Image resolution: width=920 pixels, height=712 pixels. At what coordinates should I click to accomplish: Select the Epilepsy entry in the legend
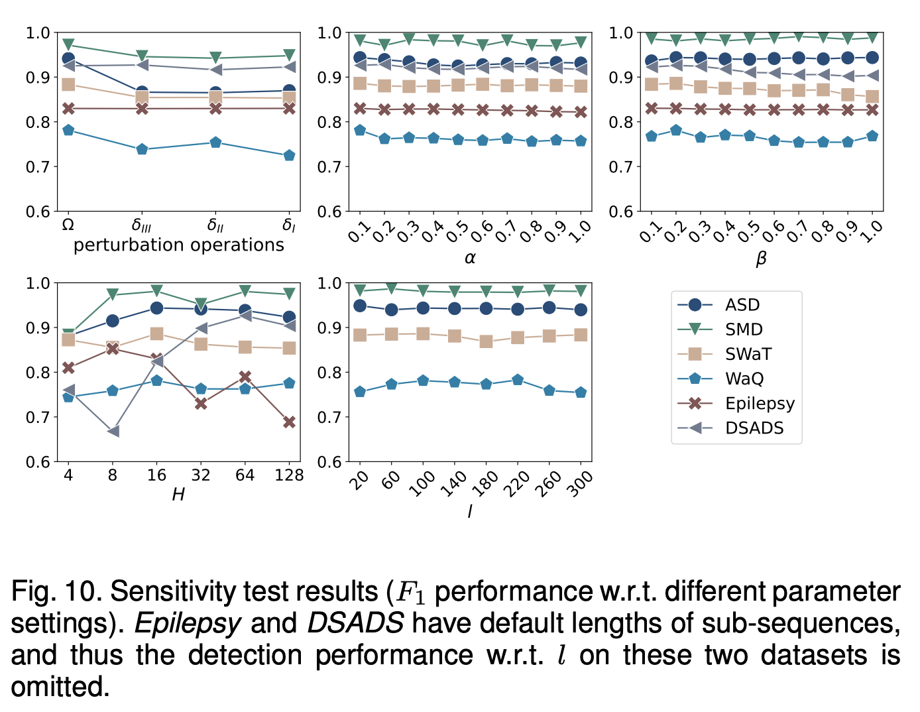[759, 403]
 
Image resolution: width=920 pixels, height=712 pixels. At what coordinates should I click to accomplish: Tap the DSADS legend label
[754, 428]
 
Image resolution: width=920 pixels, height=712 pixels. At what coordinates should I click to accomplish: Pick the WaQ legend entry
[744, 379]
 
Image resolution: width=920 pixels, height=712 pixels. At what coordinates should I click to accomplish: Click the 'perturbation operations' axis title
[178, 245]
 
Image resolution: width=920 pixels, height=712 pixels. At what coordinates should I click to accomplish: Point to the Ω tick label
[68, 225]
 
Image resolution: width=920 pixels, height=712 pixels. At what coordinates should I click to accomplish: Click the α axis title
[470, 258]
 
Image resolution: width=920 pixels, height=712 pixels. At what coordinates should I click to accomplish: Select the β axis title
[761, 259]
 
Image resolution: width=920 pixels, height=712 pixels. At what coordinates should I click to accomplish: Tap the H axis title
[178, 495]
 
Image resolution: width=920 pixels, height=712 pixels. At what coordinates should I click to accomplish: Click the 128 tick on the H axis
[289, 475]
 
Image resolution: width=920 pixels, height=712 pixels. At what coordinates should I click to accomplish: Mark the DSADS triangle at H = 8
[113, 431]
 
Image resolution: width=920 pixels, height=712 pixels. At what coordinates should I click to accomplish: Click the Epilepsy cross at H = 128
[289, 422]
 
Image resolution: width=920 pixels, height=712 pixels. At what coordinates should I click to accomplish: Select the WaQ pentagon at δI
[289, 156]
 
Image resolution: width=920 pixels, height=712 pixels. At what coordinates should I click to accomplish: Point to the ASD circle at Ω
[68, 59]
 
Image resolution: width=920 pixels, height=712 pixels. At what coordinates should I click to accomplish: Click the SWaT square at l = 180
[486, 341]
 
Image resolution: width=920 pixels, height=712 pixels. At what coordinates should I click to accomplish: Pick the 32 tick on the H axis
[201, 475]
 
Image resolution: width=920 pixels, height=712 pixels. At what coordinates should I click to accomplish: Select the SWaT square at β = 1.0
[872, 97]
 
